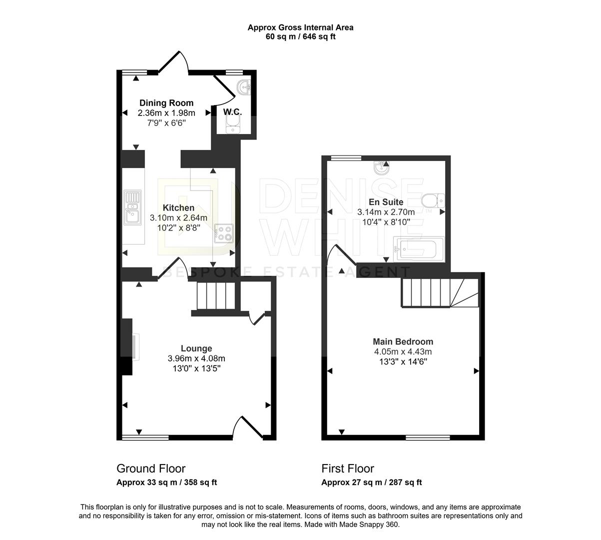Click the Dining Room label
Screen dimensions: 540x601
[x=166, y=103]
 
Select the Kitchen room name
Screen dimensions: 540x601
[x=178, y=207]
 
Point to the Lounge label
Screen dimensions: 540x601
[x=196, y=348]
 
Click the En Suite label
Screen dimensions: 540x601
[x=386, y=202]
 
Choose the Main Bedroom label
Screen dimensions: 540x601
[x=403, y=341]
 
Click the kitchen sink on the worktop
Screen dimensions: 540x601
[x=132, y=206]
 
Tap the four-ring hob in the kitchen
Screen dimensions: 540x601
[x=223, y=233]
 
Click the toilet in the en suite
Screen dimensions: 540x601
[x=432, y=201]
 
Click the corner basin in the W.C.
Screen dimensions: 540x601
[x=244, y=88]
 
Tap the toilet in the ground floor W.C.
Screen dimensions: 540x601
[x=233, y=124]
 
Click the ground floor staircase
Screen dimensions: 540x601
[x=215, y=296]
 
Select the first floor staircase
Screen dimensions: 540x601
[x=439, y=292]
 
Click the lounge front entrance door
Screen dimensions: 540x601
[x=248, y=428]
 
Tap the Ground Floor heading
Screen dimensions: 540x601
[x=151, y=468]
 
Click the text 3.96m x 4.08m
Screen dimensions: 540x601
[x=196, y=358]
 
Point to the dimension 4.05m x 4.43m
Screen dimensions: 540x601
[x=403, y=351]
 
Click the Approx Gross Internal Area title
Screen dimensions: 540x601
[x=300, y=27]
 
